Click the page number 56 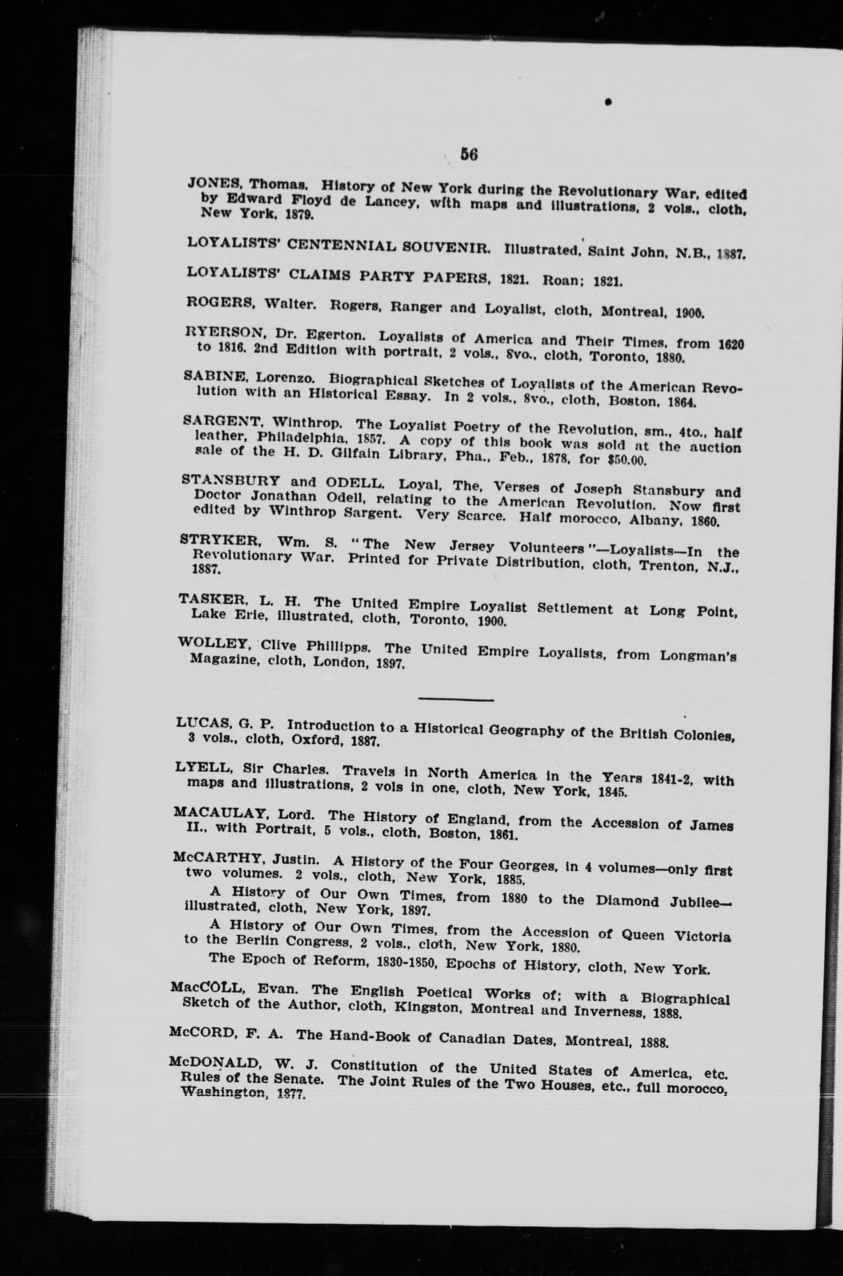coord(468,154)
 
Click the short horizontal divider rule coord(455,700)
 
